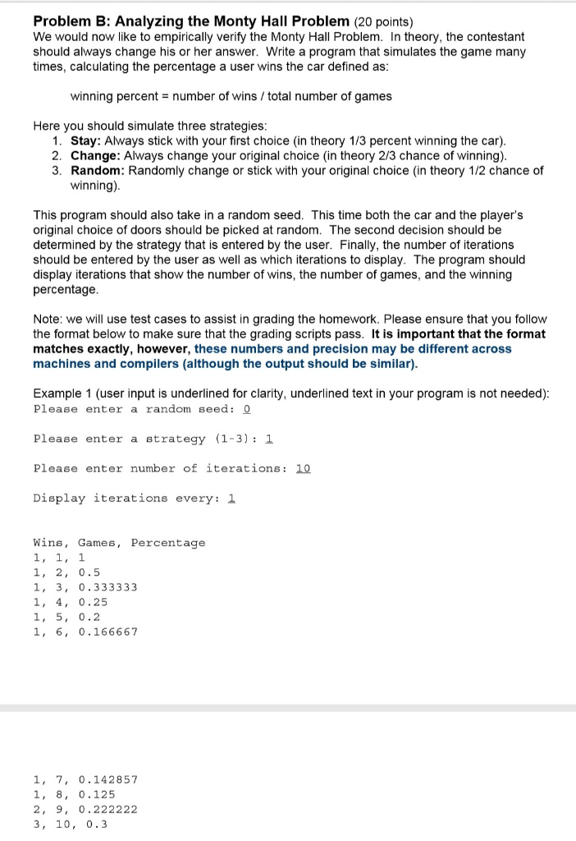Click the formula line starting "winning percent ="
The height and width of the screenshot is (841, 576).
[x=231, y=96]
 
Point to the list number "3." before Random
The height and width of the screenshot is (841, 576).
[x=57, y=170]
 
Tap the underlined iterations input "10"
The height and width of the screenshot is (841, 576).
[x=303, y=468]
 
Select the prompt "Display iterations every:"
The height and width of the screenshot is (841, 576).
[x=127, y=498]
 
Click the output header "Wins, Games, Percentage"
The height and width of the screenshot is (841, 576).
[x=119, y=542]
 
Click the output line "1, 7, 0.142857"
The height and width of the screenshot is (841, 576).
[x=85, y=779]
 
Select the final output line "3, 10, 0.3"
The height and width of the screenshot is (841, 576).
[x=70, y=823]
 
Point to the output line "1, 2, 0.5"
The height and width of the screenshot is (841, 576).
[x=66, y=572]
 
